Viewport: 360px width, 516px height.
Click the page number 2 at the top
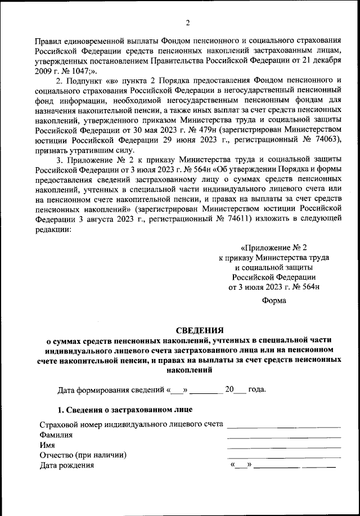[188, 23]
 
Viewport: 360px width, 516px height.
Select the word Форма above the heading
[274, 300]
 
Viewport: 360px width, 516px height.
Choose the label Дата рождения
[66, 465]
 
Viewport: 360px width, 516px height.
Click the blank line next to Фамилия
[284, 437]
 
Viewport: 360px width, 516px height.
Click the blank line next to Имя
[284, 447]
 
